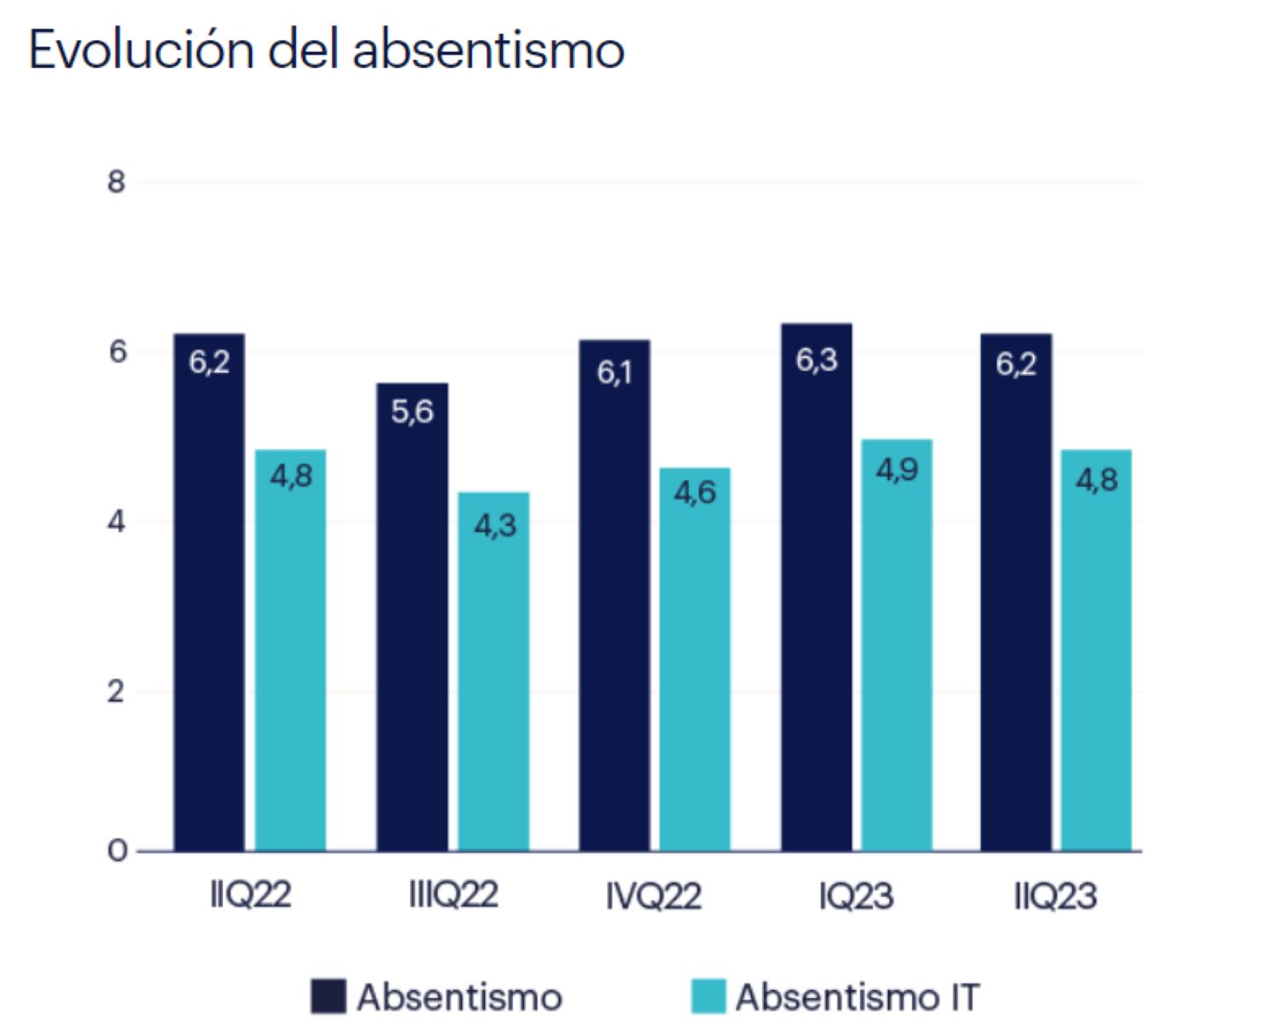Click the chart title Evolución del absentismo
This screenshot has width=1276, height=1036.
(327, 49)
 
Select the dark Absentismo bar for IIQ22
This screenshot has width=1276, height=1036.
(209, 595)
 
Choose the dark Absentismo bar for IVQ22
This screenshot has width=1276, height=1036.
(614, 595)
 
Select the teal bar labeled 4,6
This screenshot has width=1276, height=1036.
(695, 663)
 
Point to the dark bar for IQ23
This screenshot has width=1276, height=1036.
(817, 595)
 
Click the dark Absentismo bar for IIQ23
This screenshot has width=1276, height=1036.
(1016, 595)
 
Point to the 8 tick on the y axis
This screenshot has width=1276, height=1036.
(116, 182)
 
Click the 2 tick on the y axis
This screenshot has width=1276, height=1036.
(116, 692)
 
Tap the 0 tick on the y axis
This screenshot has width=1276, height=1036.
(116, 851)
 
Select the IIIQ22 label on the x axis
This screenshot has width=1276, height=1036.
(453, 896)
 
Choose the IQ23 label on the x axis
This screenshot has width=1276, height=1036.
(856, 896)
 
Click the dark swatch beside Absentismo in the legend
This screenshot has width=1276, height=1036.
(328, 997)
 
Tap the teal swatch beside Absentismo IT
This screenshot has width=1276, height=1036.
(708, 997)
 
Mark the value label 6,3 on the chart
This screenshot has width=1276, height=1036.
(817, 361)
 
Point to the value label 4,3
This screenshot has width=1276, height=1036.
(495, 526)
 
